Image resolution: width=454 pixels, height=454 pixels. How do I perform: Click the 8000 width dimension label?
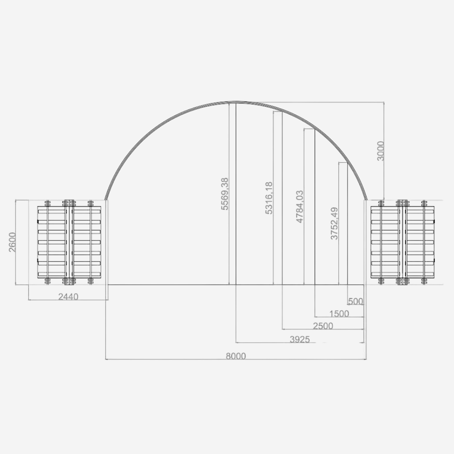coord(235,356)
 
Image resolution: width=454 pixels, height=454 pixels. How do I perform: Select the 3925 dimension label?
coord(299,339)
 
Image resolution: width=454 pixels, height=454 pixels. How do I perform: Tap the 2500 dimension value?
coord(322,326)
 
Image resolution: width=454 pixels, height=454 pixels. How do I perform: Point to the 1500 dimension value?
coord(339,314)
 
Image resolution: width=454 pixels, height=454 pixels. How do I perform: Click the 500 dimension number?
coord(355,301)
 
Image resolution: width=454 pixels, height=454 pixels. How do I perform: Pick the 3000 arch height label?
coord(380,150)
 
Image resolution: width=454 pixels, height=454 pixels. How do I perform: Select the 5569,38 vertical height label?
coord(225,193)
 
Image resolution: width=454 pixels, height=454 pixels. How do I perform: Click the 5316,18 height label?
coord(269,198)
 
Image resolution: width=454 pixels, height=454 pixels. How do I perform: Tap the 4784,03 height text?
coord(300,206)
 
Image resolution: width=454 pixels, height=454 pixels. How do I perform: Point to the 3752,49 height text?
coord(334,223)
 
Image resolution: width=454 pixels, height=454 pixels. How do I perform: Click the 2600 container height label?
coord(13,242)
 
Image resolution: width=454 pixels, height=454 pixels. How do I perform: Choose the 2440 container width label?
coord(68,297)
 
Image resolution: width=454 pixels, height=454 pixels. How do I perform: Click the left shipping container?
coord(69,242)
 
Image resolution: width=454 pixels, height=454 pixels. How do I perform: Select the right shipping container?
coord(403,242)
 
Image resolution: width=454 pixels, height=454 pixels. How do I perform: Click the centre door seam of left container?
coord(69,242)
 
